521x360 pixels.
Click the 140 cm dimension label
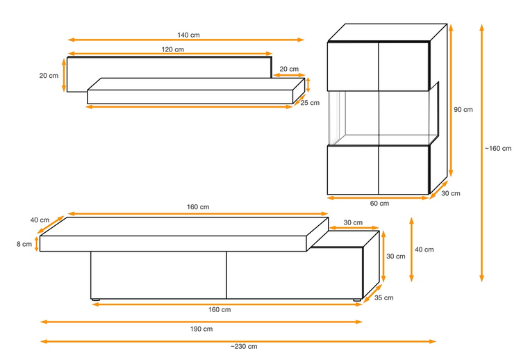[188, 35]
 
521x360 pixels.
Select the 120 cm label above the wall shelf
[173, 49]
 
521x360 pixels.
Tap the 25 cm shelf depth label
[310, 103]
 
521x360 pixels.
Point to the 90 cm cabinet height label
[463, 109]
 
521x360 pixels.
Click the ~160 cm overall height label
[498, 149]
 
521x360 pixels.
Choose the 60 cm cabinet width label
[379, 204]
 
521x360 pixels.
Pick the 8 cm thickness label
[24, 244]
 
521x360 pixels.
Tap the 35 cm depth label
[383, 298]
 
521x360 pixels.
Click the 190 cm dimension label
[201, 329]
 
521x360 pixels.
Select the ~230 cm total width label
[244, 346]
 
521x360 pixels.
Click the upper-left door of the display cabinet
[353, 66]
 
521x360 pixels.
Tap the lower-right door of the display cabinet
[404, 170]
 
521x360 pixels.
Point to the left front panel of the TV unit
[158, 275]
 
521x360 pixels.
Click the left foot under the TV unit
[96, 300]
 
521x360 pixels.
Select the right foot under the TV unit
[358, 300]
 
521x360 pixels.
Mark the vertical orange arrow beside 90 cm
[451, 100]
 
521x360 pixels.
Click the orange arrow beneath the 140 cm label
[186, 40]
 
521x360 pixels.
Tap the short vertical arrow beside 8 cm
[37, 244]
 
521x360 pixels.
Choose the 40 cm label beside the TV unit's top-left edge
[40, 220]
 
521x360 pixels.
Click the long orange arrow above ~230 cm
[238, 341]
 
